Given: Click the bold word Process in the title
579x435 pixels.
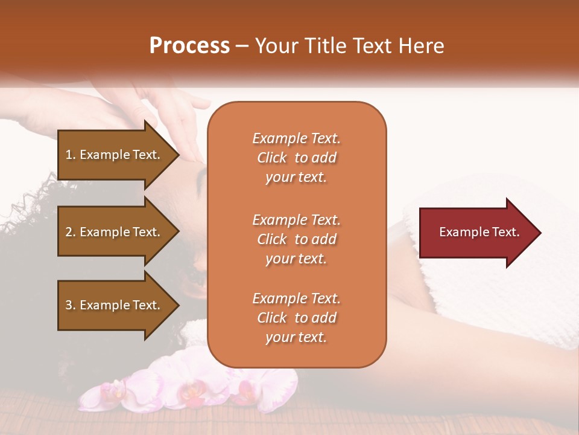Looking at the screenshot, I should pos(189,46).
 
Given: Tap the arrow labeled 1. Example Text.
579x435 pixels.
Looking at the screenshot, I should pos(115,155).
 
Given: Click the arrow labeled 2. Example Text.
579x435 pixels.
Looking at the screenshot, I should pos(115,232).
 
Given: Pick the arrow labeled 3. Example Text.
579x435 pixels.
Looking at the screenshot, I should pos(115,305).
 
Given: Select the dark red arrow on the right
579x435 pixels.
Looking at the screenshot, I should pos(476,233).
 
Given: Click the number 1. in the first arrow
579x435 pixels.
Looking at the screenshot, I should pos(71,155).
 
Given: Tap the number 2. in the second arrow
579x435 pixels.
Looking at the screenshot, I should pos(71,232).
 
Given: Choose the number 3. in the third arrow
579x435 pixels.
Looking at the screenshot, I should pos(71,305).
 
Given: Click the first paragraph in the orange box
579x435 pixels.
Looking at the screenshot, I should pos(296,158).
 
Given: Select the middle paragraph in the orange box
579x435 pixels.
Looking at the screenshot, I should pos(296,239).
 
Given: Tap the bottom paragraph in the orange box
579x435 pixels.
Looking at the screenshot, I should pos(296,318).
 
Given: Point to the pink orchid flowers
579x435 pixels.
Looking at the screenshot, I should pos(193,387).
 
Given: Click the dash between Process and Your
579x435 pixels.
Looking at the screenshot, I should pos(242,47).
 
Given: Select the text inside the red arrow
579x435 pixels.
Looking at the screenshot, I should pos(479,233).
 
